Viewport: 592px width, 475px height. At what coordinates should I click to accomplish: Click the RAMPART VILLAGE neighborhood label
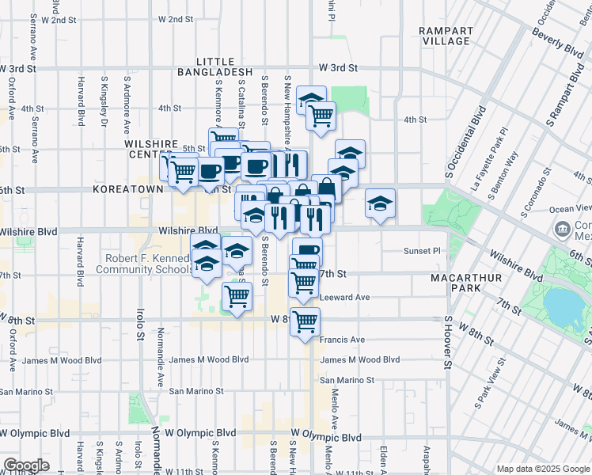(446, 36)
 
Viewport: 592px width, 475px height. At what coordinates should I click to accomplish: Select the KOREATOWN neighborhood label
(127, 190)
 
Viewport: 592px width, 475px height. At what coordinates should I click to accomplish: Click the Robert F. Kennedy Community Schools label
(142, 264)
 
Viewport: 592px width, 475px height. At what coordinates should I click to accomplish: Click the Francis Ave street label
(342, 340)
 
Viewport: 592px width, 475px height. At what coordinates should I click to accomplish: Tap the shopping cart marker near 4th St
(321, 116)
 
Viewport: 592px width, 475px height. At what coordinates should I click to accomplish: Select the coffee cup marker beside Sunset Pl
(307, 253)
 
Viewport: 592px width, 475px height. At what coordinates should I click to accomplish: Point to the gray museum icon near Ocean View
(564, 231)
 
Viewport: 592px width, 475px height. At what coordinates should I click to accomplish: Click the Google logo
(26, 465)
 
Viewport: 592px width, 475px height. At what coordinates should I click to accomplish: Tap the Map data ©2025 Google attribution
(542, 469)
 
